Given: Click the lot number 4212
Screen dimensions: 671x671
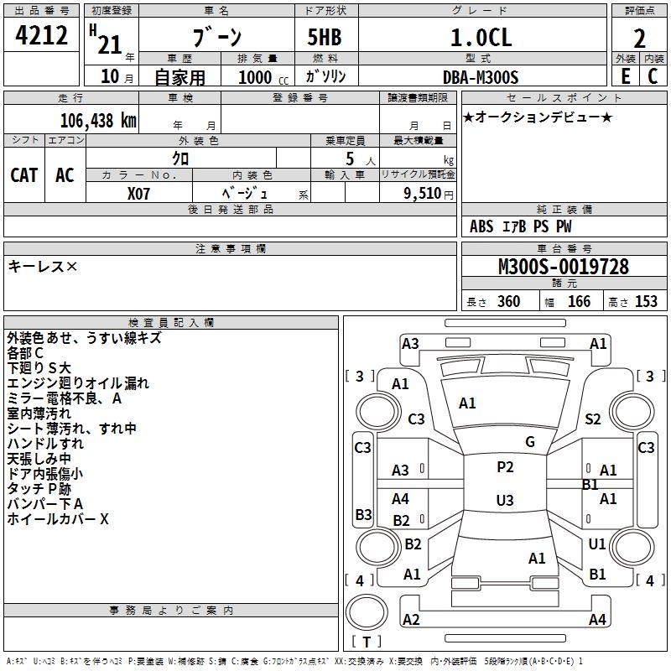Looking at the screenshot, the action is point(41,38).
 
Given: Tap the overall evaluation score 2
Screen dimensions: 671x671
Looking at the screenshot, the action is point(639,39).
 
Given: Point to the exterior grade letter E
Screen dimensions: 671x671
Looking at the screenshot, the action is point(625,75).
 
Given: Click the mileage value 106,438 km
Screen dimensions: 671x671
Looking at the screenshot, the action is point(97,120).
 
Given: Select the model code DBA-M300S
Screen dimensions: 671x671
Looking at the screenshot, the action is point(481,77).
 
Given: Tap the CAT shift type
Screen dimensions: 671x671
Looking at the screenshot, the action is point(24,175).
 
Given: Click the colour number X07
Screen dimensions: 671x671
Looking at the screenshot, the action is point(139,193).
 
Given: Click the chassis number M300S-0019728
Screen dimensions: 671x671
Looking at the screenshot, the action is point(564,268).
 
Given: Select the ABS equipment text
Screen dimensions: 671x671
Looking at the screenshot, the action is point(481,226).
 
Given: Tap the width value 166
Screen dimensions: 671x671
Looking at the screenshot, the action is point(580,302).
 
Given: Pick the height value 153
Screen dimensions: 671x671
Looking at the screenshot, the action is point(646,302).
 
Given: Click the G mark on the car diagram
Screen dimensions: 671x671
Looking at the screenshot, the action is point(530,442).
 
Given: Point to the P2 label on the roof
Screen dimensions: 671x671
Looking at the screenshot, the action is point(505,467).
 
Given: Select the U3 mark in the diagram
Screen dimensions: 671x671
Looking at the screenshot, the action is point(505,501).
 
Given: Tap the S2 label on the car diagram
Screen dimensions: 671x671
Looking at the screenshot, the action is point(593,419).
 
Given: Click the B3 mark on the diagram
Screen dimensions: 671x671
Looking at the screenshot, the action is point(363,514).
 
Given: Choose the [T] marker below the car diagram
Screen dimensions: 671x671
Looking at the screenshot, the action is point(367,642).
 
